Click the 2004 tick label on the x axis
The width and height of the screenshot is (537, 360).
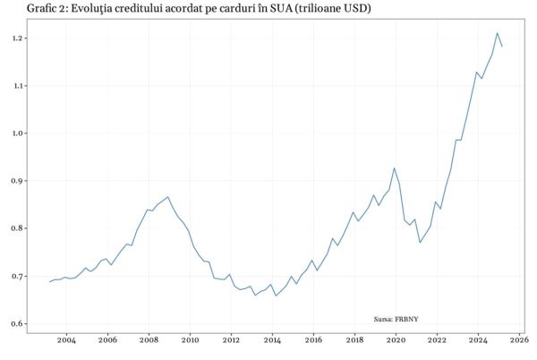[66, 340]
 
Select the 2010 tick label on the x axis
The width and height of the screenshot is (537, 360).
[190, 340]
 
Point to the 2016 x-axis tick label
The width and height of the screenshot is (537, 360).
[313, 340]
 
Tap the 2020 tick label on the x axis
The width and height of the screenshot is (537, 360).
[396, 340]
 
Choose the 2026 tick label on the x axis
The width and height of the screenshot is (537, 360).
[520, 340]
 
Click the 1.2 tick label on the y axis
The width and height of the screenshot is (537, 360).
[17, 39]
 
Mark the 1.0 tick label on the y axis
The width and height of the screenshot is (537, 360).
[17, 133]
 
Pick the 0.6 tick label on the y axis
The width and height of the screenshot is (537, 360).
[17, 324]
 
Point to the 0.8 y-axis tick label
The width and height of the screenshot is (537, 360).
[17, 228]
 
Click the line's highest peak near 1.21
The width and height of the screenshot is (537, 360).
[497, 33]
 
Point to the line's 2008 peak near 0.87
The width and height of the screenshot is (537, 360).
[167, 197]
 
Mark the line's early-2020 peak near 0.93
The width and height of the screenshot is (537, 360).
[394, 167]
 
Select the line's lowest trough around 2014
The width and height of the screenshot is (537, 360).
[275, 296]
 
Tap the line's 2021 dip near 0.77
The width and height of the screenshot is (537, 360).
[420, 243]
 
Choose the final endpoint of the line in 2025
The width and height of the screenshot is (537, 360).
[502, 47]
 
